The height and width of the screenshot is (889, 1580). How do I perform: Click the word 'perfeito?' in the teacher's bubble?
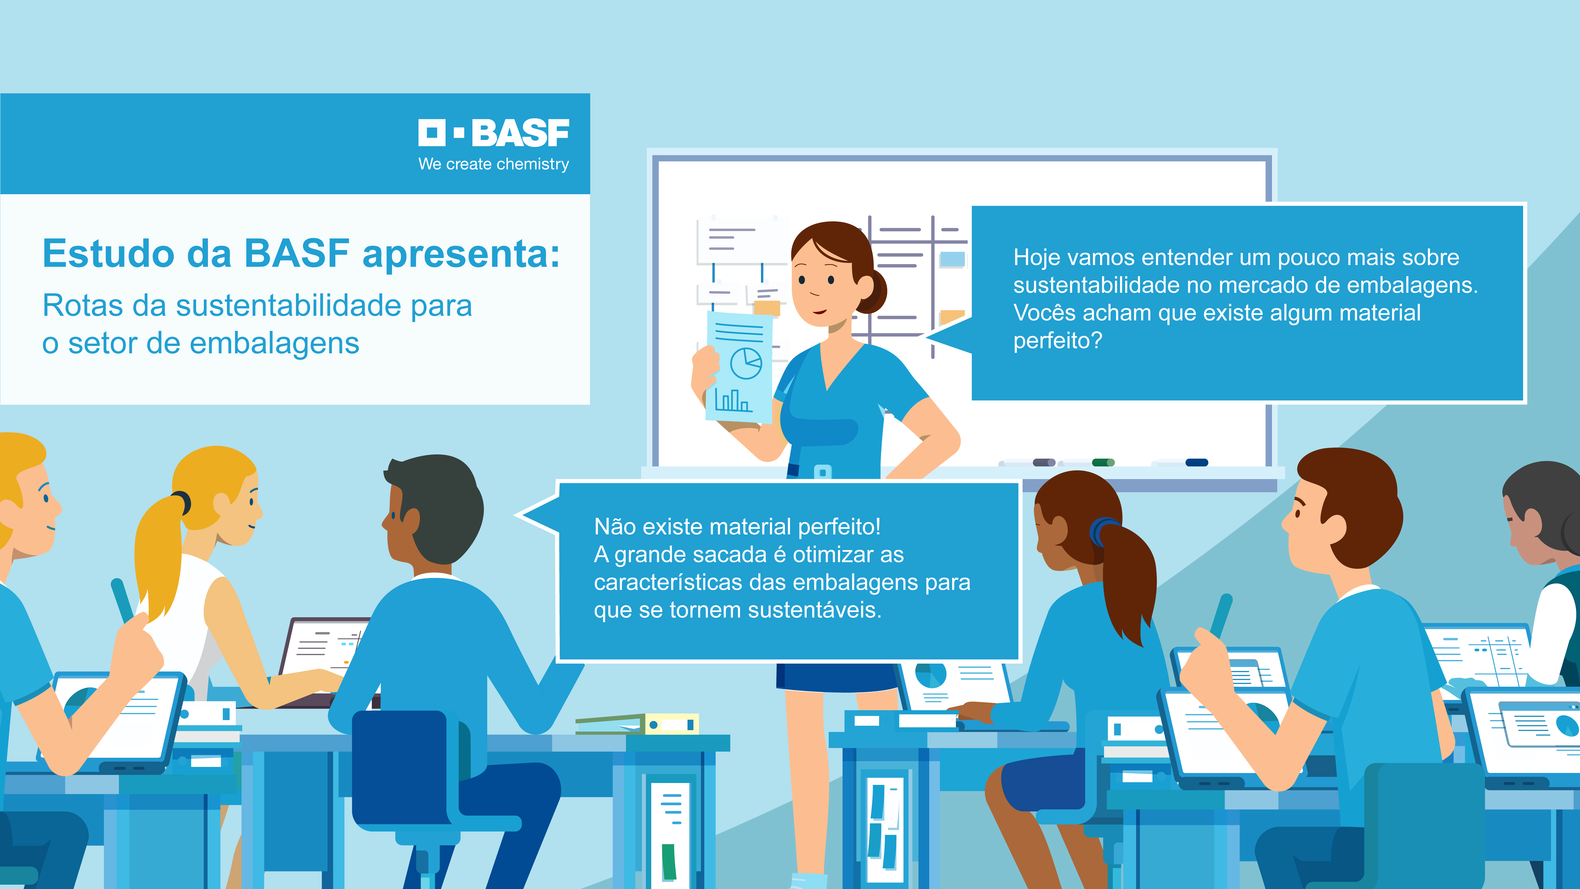(x=1057, y=341)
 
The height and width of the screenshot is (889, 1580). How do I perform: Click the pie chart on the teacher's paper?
(x=746, y=363)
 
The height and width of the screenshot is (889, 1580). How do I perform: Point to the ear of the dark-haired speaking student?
(x=410, y=522)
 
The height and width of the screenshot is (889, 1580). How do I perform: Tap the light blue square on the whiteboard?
(x=953, y=259)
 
